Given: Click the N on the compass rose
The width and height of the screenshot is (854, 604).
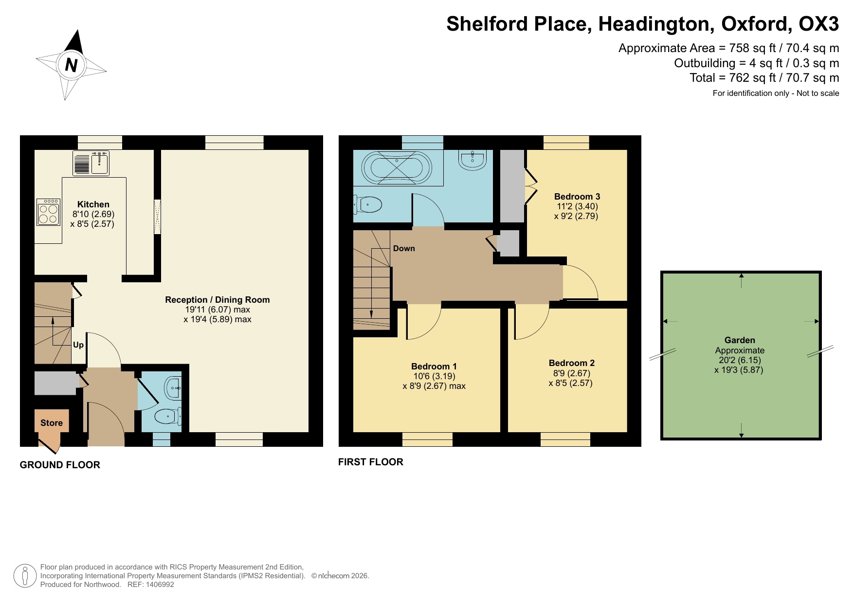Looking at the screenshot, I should [71, 65].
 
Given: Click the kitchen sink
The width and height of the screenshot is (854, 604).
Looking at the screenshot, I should [99, 163].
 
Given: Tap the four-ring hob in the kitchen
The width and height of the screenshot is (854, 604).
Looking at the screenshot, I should [48, 212].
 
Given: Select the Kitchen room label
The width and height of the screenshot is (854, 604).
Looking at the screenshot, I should [93, 204].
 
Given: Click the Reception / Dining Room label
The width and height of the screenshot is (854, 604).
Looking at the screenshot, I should [217, 300].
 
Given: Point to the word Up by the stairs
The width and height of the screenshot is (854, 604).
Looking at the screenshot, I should [78, 345].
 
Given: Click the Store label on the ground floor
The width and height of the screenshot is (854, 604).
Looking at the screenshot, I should [52, 423].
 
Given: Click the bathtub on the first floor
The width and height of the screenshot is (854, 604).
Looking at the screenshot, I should [397, 168].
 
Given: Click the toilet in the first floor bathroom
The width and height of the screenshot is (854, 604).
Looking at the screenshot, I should [368, 205].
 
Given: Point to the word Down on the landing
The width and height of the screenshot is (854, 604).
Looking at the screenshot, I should [404, 249].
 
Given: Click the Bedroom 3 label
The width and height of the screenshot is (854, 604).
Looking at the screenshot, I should [577, 197].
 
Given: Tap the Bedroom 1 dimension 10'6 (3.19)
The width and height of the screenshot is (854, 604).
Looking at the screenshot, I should [434, 376].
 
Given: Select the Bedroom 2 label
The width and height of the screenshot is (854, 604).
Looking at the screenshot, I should [571, 363].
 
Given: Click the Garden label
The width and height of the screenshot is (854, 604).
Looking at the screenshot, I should [740, 340].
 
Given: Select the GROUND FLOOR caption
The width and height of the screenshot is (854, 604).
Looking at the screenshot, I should [60, 465].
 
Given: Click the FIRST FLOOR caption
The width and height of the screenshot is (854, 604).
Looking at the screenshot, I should [371, 462].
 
